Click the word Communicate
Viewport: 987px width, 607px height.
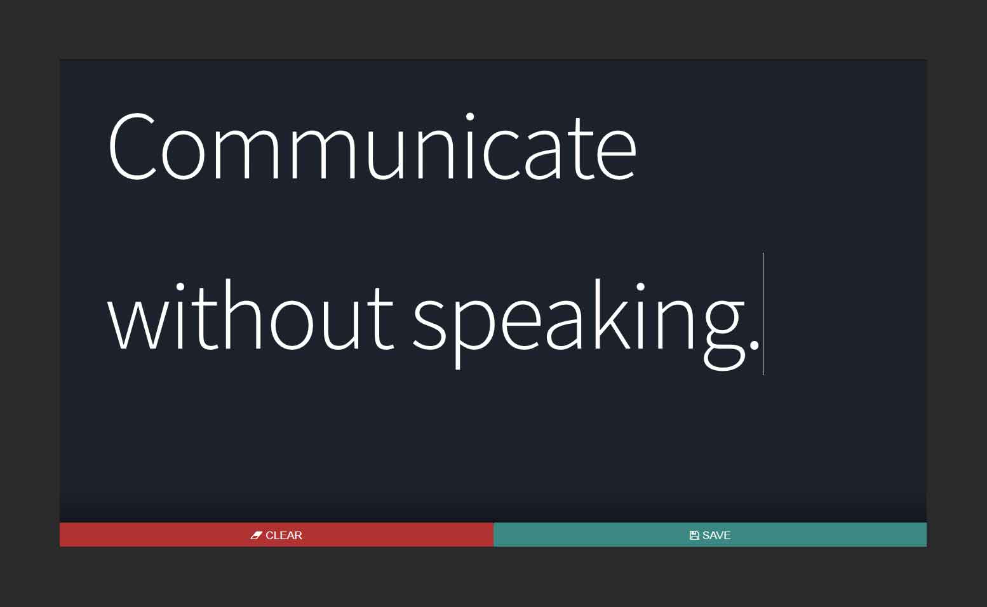(x=372, y=146)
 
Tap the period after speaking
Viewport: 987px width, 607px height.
(x=754, y=345)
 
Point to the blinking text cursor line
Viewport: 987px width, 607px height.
(x=763, y=314)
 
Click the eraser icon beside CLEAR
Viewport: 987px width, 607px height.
(x=256, y=535)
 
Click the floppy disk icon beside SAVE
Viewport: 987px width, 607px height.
(x=694, y=535)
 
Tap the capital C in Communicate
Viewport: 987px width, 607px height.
(x=132, y=146)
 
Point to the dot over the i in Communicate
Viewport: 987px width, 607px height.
(x=470, y=116)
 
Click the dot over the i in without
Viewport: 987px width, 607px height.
(x=180, y=286)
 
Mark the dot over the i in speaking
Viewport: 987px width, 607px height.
(x=640, y=286)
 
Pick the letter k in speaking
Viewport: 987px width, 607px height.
(x=612, y=314)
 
